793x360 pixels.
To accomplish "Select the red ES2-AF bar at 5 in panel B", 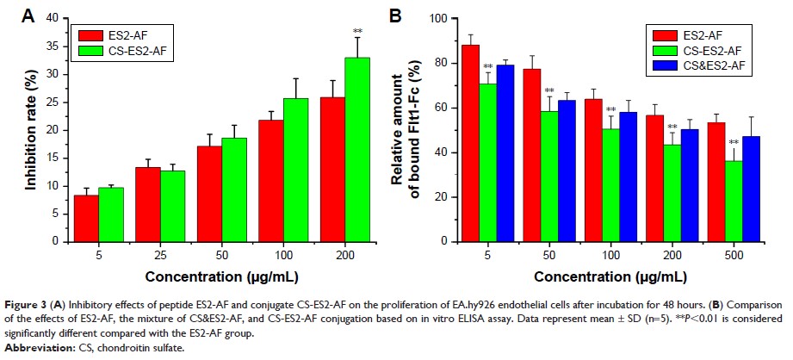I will coord(470,143).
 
